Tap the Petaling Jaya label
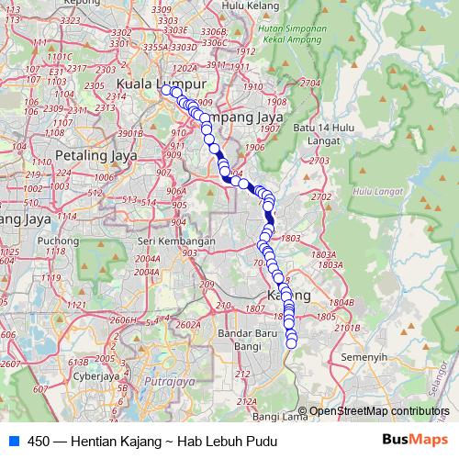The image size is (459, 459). point(95,155)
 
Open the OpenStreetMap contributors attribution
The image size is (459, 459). point(379,411)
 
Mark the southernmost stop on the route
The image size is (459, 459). point(292,343)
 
